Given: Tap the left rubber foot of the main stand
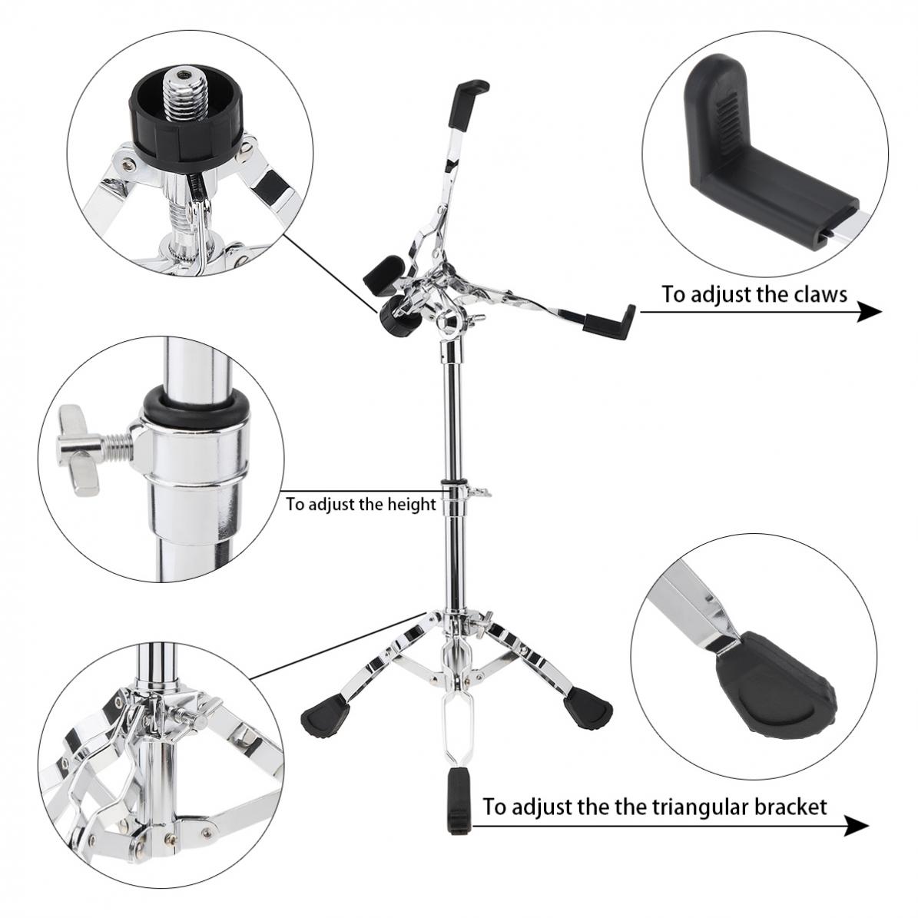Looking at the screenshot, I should [x=323, y=715].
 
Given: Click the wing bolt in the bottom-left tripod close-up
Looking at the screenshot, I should [x=188, y=719].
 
